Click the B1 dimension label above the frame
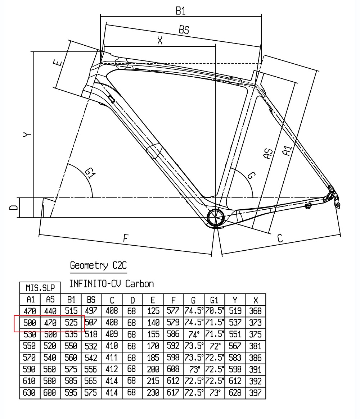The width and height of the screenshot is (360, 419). click(x=180, y=11)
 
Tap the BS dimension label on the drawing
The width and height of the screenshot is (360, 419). click(x=184, y=29)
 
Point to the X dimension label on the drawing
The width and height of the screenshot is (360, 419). click(x=160, y=41)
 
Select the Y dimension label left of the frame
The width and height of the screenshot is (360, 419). click(x=27, y=135)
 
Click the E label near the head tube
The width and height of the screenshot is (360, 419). click(x=58, y=63)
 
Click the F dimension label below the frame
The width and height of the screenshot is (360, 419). click(x=126, y=238)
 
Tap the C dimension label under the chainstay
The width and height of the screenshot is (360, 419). click(x=280, y=238)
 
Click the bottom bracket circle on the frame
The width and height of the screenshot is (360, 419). click(x=216, y=218)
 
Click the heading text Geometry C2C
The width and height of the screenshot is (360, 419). click(x=98, y=266)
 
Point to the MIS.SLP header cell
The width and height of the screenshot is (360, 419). click(x=40, y=288)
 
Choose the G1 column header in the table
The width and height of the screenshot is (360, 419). click(x=214, y=300)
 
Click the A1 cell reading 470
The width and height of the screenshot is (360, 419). click(x=30, y=311)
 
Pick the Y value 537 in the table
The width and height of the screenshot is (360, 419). click(x=235, y=323)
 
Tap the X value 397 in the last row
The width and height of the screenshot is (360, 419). click(x=256, y=393)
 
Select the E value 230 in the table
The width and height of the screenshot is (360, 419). click(x=153, y=393)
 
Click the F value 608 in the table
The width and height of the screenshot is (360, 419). click(x=173, y=369)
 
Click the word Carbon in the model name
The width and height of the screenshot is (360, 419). click(x=139, y=284)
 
